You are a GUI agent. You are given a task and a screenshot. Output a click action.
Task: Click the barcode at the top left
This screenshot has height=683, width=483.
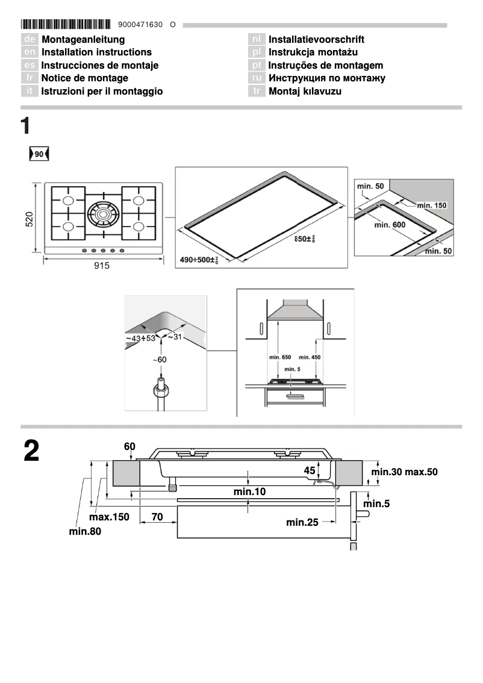tap(66, 25)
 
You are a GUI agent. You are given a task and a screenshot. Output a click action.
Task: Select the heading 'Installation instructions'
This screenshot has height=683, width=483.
tap(96, 52)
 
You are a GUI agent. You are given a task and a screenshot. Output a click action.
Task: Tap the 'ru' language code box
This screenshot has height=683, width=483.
tap(257, 78)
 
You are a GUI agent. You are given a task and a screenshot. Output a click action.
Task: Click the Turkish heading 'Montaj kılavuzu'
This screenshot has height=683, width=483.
tap(305, 91)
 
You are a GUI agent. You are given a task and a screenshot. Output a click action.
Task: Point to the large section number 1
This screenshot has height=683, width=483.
tap(25, 126)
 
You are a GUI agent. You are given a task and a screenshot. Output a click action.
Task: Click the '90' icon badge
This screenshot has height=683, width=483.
tap(39, 155)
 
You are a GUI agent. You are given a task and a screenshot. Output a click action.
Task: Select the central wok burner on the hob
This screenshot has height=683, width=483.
tap(103, 213)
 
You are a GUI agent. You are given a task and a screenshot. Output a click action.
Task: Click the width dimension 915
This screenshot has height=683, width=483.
tap(102, 267)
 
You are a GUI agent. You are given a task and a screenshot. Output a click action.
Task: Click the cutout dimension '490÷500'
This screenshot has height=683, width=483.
tap(199, 260)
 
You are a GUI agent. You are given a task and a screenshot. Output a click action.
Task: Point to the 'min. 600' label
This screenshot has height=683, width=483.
tap(390, 225)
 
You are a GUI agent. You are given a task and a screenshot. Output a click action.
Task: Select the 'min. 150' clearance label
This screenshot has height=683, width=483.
tap(431, 206)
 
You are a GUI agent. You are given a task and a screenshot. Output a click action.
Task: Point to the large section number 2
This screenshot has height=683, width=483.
tap(31, 452)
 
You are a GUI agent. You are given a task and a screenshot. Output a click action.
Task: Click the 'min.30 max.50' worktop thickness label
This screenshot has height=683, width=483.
tap(404, 472)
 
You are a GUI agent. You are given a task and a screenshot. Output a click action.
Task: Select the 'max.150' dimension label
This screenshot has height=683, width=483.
tap(109, 517)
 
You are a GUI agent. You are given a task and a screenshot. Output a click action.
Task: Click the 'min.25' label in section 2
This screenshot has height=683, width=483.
tap(302, 522)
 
